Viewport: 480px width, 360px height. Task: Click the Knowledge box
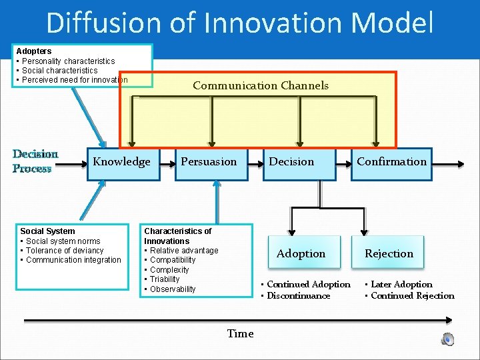(x=121, y=162)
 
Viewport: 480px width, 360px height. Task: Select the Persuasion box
(x=209, y=162)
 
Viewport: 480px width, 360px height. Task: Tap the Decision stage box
(x=291, y=162)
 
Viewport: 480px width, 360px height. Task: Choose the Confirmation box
(x=391, y=162)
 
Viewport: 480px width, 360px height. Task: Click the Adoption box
(x=301, y=253)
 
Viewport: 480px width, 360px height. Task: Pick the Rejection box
(x=389, y=253)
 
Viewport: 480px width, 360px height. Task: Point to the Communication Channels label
(x=260, y=85)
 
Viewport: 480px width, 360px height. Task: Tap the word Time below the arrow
(x=240, y=334)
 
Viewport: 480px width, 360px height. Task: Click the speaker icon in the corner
(x=448, y=339)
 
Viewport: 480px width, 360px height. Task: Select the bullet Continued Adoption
(x=308, y=285)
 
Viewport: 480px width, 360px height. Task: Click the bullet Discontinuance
(x=298, y=296)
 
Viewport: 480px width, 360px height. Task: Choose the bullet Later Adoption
(x=401, y=285)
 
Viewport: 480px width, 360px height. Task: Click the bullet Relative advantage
(x=184, y=251)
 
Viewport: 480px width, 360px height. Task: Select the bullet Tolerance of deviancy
(x=65, y=251)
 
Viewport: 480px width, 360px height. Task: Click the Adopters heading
(x=34, y=51)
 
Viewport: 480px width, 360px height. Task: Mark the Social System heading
(x=47, y=231)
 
